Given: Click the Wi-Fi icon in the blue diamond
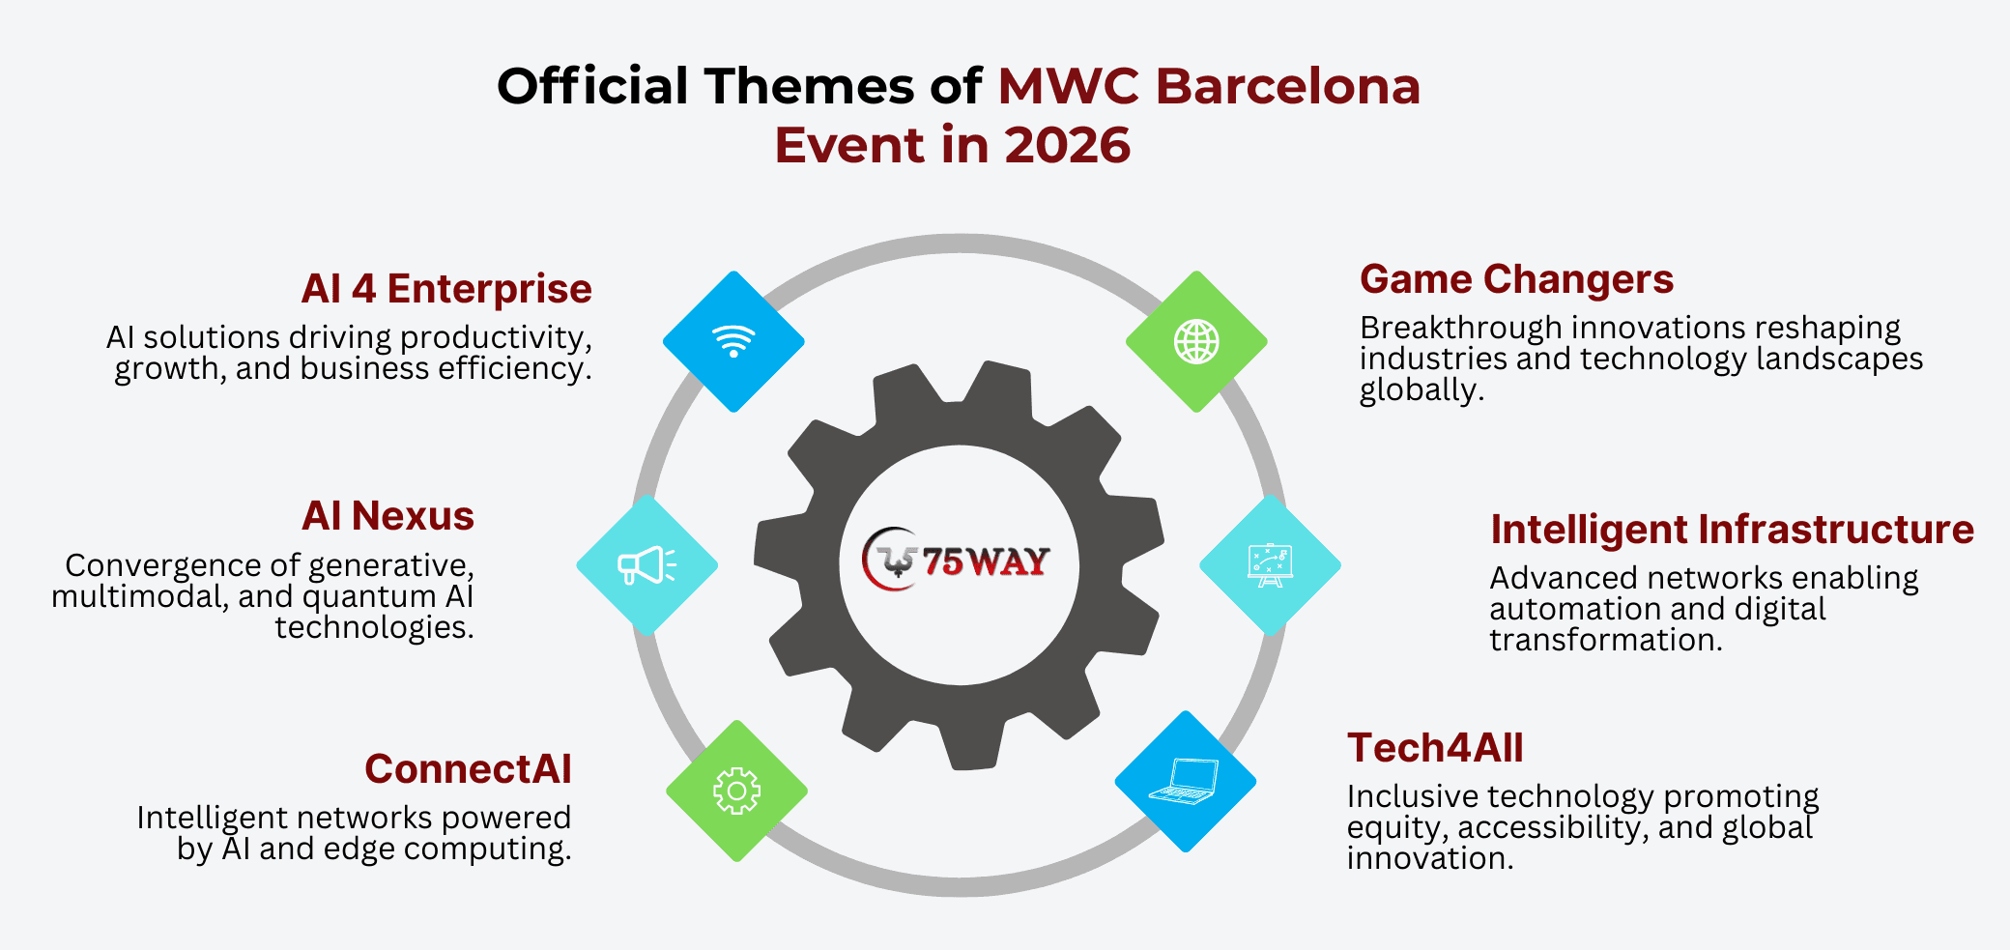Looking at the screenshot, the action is (733, 341).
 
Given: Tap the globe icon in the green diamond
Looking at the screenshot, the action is (1196, 341).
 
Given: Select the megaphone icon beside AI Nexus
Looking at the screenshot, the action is (646, 565).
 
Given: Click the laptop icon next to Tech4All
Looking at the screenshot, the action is (1185, 781).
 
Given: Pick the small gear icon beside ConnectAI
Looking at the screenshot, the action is (736, 791).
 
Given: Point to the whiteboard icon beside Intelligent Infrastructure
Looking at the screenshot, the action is (1270, 565).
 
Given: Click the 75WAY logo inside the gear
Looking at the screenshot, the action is (956, 560).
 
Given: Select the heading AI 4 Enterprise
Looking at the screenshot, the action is (446, 289).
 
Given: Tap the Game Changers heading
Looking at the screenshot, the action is (1516, 279).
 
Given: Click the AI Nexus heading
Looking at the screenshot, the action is (388, 516).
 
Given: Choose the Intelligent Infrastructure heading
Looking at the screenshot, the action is (1732, 530).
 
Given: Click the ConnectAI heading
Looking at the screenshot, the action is (468, 769).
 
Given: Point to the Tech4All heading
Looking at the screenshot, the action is (1435, 748).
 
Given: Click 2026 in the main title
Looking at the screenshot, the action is (1067, 145).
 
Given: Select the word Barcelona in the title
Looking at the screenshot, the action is (1288, 86).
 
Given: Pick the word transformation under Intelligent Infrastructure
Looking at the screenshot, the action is (1606, 640).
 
